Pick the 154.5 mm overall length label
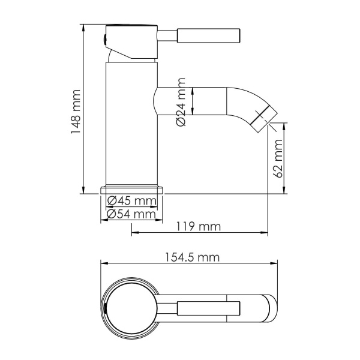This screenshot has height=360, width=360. click(x=190, y=257)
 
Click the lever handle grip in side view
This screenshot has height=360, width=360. click(x=210, y=35)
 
